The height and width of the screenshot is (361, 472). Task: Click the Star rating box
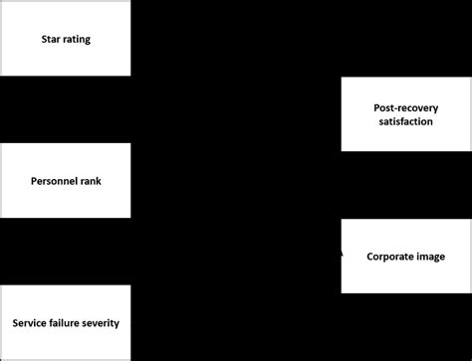click(x=65, y=39)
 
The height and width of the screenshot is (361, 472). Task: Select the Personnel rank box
click(x=65, y=181)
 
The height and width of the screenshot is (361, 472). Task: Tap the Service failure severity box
click(x=65, y=323)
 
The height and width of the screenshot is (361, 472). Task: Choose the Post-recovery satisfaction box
click(x=405, y=113)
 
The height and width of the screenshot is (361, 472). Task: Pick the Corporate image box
click(x=405, y=256)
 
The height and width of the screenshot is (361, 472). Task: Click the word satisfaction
click(x=405, y=121)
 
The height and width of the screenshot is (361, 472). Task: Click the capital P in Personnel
click(x=34, y=182)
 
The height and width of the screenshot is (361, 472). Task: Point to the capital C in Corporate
click(x=369, y=257)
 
